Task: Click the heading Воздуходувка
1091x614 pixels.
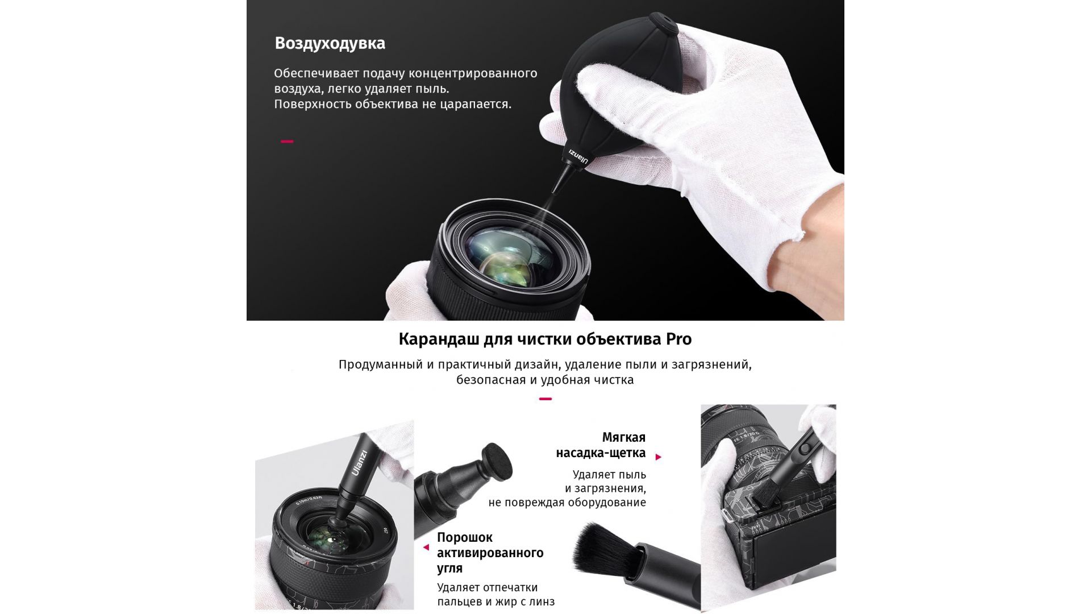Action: pos(330,44)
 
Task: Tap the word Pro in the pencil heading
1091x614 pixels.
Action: pos(678,339)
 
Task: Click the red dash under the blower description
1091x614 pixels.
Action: pos(287,141)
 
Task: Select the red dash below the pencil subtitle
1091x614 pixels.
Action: pos(545,399)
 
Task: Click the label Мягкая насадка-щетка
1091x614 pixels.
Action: pos(601,445)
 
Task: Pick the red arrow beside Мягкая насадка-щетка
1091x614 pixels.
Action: pos(659,457)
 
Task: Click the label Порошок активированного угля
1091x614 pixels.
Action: pos(490,553)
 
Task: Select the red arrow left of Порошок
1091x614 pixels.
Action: pos(426,547)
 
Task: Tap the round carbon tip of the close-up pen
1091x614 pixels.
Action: pos(497,461)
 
